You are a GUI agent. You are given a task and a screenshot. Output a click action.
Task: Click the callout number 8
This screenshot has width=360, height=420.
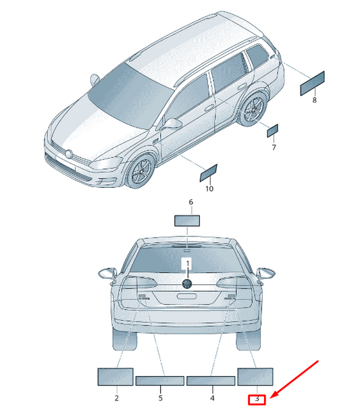click(314, 100)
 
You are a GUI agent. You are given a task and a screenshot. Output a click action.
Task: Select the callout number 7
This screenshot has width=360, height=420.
click(274, 147)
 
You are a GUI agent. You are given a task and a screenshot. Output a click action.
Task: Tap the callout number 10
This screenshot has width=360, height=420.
click(209, 189)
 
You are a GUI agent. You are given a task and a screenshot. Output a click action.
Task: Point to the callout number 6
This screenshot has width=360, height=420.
click(190, 202)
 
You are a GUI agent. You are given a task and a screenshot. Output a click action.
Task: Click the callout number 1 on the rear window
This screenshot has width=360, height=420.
click(188, 263)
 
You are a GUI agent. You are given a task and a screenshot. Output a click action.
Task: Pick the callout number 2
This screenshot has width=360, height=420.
click(117, 398)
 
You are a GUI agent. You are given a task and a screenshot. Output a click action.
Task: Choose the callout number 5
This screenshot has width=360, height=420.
click(161, 398)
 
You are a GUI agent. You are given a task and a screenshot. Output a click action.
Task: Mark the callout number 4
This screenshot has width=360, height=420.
click(212, 398)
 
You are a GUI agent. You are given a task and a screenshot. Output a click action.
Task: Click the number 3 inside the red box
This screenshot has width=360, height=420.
click(257, 399)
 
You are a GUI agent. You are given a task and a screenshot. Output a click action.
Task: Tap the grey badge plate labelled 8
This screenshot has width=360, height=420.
click(312, 83)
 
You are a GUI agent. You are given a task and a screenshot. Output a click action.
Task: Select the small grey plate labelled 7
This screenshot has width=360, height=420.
click(272, 131)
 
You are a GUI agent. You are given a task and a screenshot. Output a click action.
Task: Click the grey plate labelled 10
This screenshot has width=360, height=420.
click(209, 173)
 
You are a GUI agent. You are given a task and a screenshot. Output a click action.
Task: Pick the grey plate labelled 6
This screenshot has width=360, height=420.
click(187, 221)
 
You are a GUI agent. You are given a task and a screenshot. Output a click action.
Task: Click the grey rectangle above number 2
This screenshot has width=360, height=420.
click(115, 377)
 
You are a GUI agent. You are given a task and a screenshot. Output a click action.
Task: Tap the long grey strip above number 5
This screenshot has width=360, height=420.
click(160, 381)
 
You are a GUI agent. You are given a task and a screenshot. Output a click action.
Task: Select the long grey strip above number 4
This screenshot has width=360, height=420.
click(211, 381)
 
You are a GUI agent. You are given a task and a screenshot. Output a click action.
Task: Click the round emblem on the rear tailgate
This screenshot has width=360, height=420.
click(187, 284)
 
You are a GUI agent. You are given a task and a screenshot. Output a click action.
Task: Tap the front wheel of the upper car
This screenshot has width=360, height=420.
click(140, 171)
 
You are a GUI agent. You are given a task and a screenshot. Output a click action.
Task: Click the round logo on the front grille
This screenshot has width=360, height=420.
click(69, 154)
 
